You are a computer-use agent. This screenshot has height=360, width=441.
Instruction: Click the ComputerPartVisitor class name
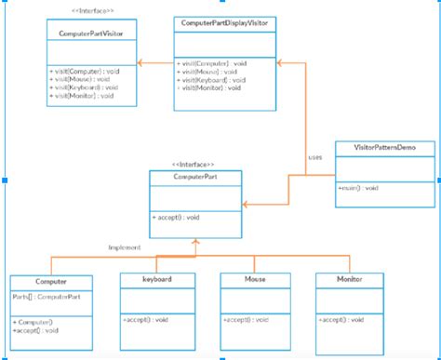click(91, 33)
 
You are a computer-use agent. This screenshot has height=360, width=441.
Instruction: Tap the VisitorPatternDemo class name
click(384, 148)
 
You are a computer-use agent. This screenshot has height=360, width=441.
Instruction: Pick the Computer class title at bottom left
click(50, 280)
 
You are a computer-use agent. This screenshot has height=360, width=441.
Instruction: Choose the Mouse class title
click(256, 278)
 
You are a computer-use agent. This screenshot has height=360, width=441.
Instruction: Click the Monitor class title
click(350, 278)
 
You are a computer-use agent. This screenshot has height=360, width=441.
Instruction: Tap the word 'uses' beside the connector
click(315, 157)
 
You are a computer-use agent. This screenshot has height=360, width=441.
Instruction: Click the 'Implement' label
click(125, 247)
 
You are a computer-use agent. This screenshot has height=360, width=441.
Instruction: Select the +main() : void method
click(358, 188)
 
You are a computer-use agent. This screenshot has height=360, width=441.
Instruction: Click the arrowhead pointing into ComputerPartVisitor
click(140, 62)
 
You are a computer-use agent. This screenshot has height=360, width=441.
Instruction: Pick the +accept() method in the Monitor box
click(341, 319)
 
